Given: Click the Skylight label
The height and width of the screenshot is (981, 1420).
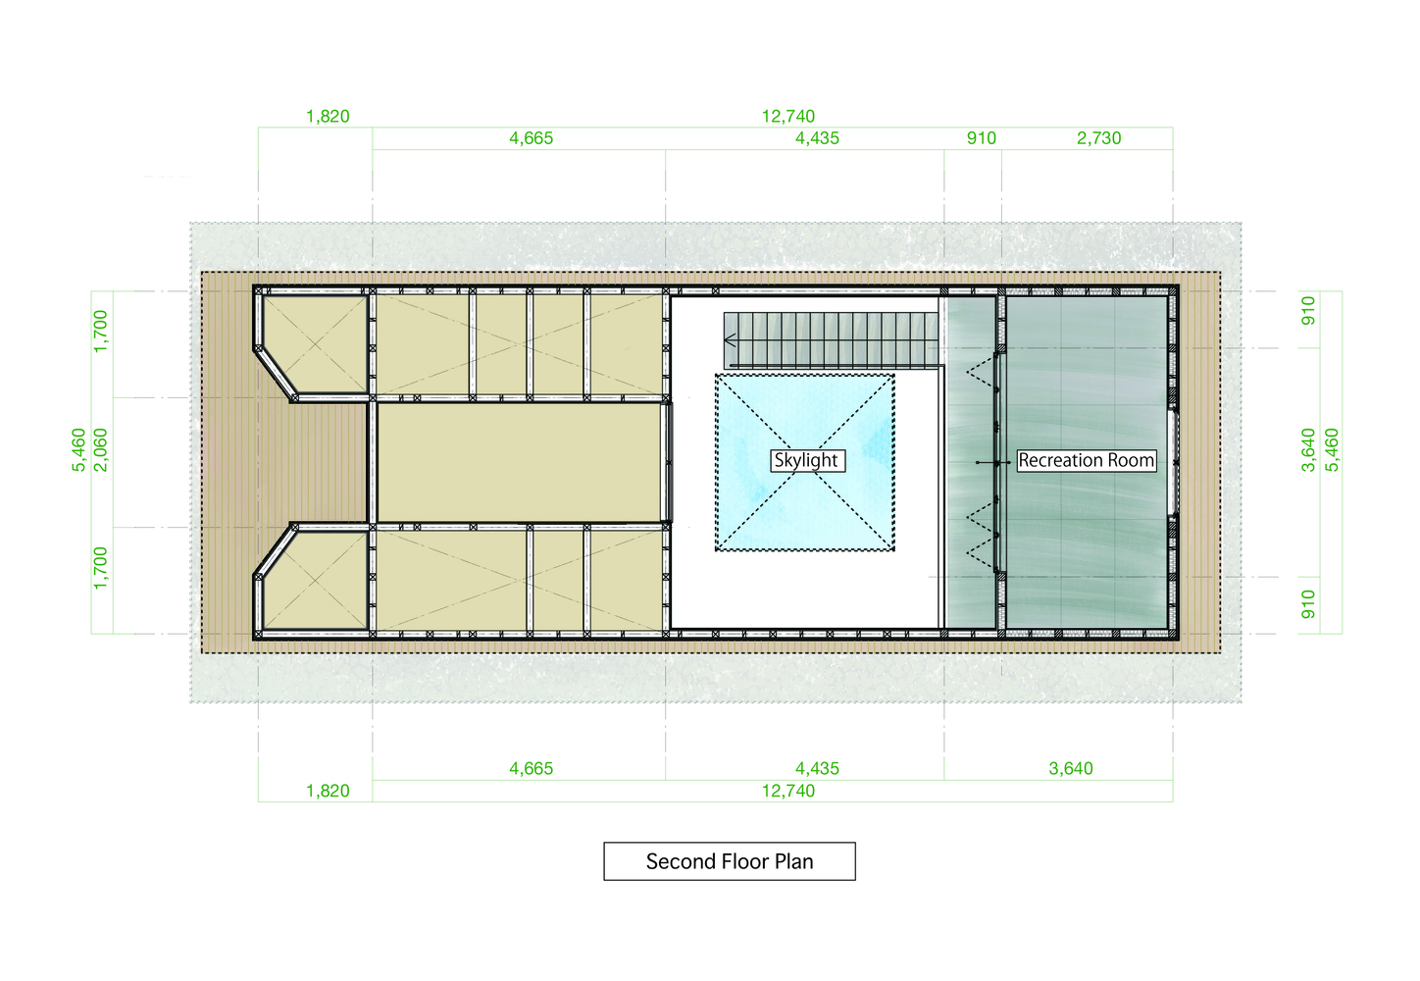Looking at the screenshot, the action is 806,460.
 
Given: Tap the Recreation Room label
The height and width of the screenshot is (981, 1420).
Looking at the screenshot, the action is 1086,460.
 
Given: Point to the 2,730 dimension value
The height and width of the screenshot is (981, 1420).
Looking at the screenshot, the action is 1098,137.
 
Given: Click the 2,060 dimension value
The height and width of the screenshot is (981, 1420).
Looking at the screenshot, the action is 101,450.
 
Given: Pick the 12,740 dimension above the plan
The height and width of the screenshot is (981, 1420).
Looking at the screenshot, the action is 788,116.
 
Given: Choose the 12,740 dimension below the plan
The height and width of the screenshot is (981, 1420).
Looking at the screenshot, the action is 788,791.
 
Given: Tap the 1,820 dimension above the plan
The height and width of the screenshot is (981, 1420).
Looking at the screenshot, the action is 328,116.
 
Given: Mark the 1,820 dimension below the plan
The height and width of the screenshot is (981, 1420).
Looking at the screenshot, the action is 328,791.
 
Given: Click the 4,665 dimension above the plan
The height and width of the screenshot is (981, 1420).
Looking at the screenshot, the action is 532,137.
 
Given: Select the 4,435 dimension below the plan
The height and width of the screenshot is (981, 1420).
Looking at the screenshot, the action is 817,768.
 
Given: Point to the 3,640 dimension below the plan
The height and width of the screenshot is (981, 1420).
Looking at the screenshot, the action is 1071,768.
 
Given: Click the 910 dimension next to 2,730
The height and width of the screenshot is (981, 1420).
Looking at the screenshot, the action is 982,137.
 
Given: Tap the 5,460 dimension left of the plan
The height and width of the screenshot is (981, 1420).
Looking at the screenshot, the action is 78,450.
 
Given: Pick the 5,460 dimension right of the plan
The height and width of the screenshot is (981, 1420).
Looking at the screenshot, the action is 1333,450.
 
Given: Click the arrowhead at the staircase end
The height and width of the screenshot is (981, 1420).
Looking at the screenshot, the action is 729,340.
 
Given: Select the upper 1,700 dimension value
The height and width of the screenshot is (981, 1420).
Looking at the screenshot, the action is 101,332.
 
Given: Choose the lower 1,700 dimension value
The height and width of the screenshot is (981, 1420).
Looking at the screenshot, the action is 101,568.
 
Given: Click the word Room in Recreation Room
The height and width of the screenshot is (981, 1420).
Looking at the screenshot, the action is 1131,460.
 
